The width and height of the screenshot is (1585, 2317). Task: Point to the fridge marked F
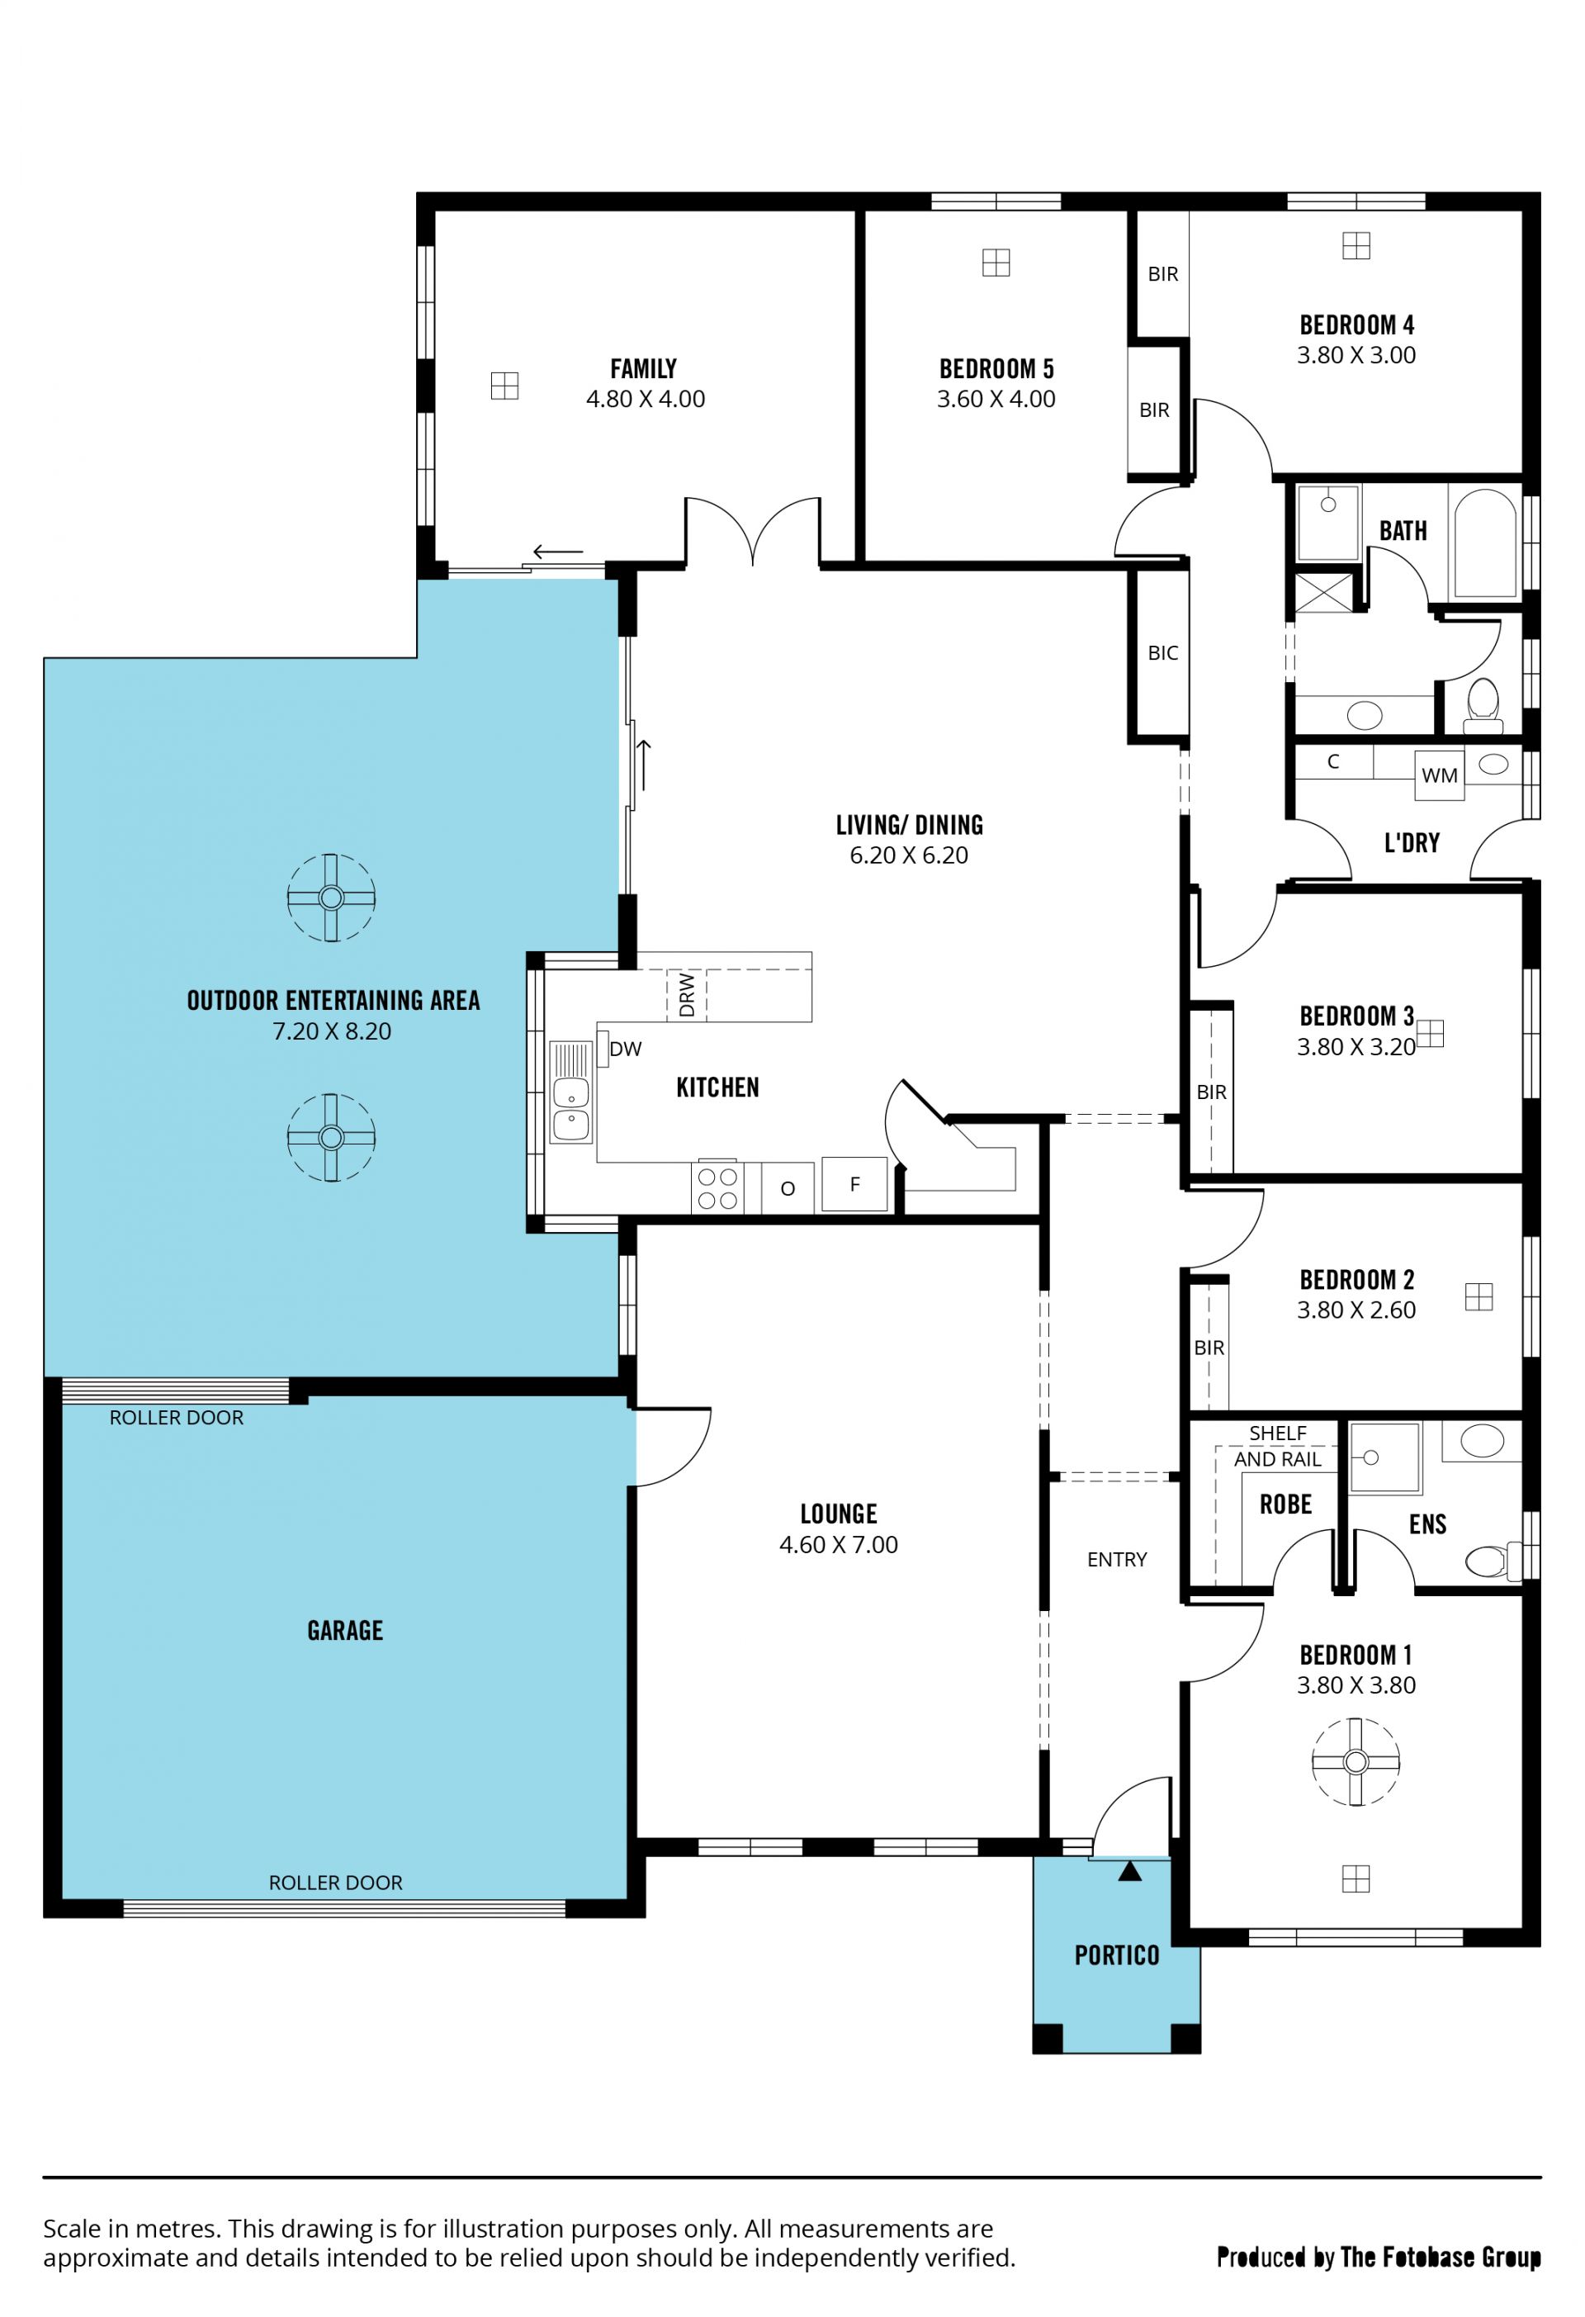pyautogui.click(x=854, y=1184)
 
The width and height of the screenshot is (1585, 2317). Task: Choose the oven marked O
pyautogui.click(x=788, y=1188)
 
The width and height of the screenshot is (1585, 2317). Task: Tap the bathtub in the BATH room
pyautogui.click(x=1485, y=543)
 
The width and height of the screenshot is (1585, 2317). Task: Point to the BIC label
pyautogui.click(x=1163, y=653)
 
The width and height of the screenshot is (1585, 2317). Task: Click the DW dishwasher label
pyautogui.click(x=625, y=1049)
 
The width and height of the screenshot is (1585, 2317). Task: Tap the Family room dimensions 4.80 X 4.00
pyautogui.click(x=645, y=399)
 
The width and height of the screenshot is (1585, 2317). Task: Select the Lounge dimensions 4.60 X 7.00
pyautogui.click(x=839, y=1544)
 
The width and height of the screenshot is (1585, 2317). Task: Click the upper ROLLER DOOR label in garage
pyautogui.click(x=177, y=1418)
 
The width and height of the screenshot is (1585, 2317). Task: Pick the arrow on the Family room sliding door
pyautogui.click(x=558, y=552)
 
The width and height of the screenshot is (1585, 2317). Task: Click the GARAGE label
pyautogui.click(x=345, y=1630)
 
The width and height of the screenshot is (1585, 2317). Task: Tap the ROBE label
pyautogui.click(x=1286, y=1504)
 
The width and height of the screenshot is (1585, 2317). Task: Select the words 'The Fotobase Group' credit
pyautogui.click(x=1441, y=2258)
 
